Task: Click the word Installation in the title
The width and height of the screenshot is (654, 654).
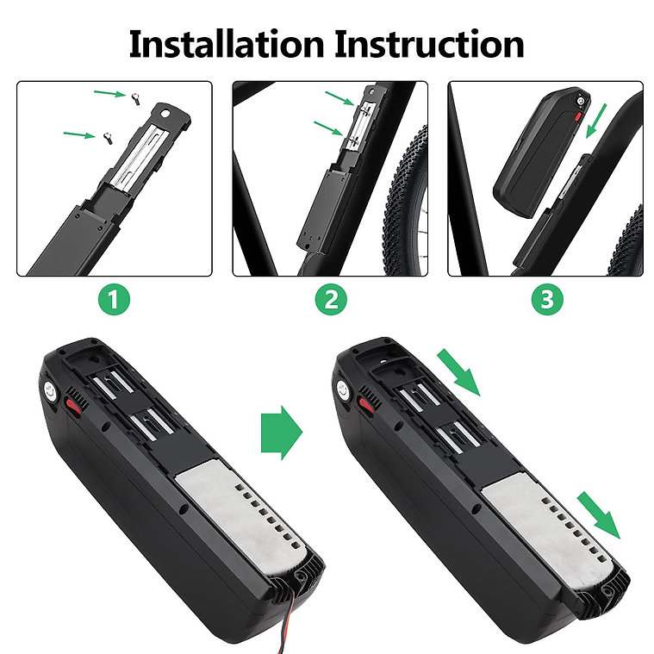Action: pyautogui.click(x=227, y=44)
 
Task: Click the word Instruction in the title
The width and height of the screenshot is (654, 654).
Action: pyautogui.click(x=429, y=44)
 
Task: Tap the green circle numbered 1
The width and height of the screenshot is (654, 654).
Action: pyautogui.click(x=114, y=299)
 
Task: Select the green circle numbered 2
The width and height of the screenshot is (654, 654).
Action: pyautogui.click(x=331, y=299)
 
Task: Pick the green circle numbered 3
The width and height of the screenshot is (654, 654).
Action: pyautogui.click(x=547, y=299)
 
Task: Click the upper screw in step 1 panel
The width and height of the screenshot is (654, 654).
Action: pyautogui.click(x=135, y=99)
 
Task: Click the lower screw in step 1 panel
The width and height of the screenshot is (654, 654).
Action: pyautogui.click(x=107, y=138)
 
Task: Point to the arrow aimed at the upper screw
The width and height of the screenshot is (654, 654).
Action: pyautogui.click(x=109, y=93)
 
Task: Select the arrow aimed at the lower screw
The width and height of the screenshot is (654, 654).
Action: pyautogui.click(x=79, y=134)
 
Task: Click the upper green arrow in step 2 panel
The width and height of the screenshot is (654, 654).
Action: pyautogui.click(x=340, y=98)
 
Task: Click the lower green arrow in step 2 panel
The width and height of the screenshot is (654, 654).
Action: pyautogui.click(x=328, y=128)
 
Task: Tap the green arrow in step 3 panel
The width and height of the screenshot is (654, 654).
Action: pyautogui.click(x=596, y=121)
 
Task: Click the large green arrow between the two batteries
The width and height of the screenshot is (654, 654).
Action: pyautogui.click(x=282, y=433)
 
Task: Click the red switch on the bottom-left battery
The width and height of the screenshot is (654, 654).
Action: pyautogui.click(x=72, y=406)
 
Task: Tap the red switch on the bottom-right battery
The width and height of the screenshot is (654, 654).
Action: pyautogui.click(x=365, y=406)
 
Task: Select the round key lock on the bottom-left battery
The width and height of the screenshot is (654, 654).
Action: pyautogui.click(x=50, y=392)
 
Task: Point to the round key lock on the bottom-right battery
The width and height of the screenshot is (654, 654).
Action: pyautogui.click(x=343, y=392)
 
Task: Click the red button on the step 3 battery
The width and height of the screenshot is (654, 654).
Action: pyautogui.click(x=578, y=115)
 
